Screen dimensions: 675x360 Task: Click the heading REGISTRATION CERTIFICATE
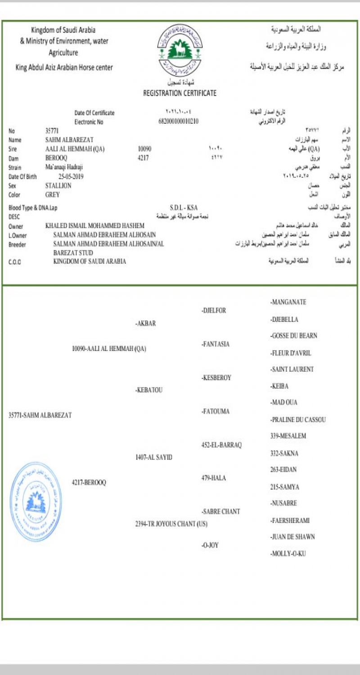point(180,93)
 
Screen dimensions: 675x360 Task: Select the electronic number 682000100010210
point(179,121)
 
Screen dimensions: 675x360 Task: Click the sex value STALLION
point(58,185)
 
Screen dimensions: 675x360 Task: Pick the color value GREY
point(53,195)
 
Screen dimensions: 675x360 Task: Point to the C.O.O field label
point(15,262)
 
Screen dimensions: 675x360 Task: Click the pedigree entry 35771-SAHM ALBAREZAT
point(40,415)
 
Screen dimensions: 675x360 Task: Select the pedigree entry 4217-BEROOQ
point(89,482)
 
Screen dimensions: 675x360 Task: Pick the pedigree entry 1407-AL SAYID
point(154,457)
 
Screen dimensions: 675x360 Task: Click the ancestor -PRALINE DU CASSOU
point(298,420)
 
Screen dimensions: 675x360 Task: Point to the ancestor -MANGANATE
point(288,302)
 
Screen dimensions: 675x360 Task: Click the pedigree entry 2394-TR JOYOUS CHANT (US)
point(171,524)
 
